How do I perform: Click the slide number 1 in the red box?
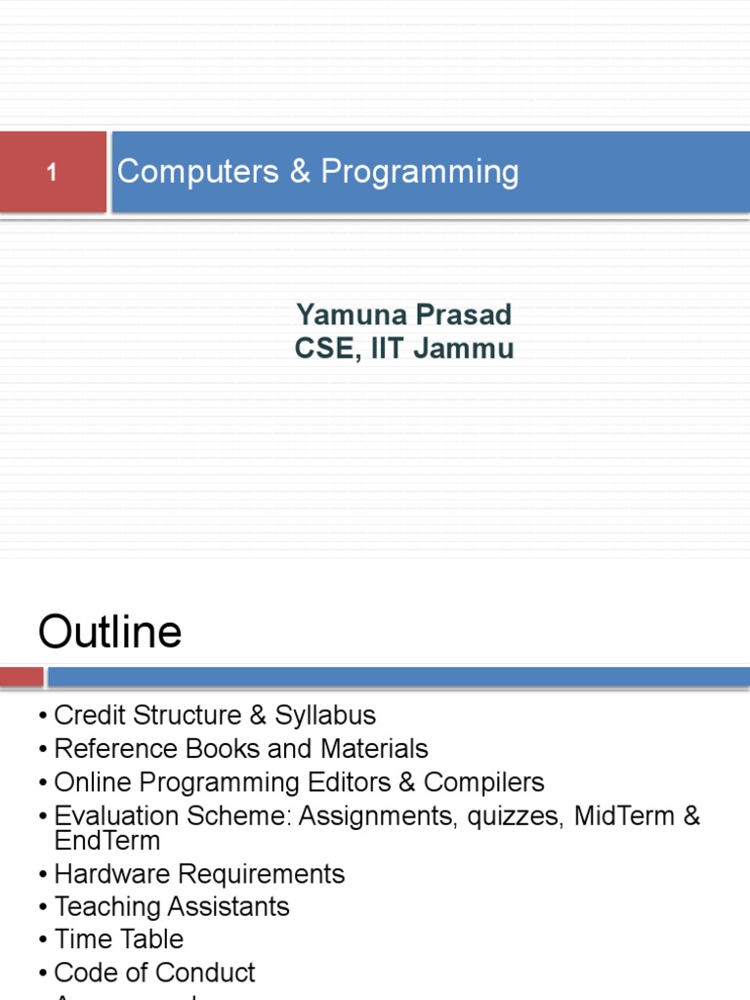[52, 174]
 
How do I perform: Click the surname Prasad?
[464, 314]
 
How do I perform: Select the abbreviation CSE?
[324, 349]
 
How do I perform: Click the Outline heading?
[109, 633]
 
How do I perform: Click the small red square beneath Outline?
[21, 677]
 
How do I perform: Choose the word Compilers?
[492, 782]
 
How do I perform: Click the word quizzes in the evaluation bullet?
[515, 816]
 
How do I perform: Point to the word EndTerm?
[107, 840]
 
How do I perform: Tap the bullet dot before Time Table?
[44, 939]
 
